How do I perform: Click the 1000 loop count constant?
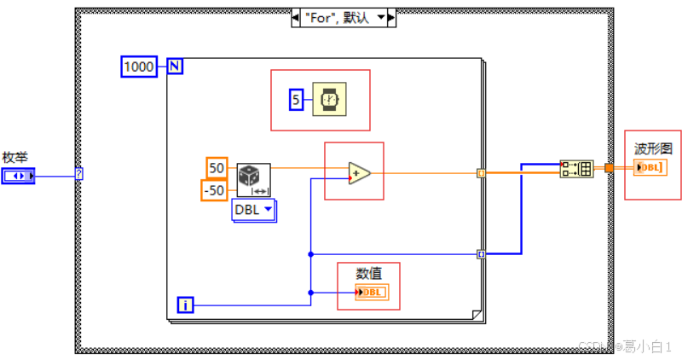(x=139, y=67)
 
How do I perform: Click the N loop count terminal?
(x=175, y=67)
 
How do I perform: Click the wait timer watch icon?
(x=327, y=101)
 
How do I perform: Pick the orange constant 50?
(x=217, y=167)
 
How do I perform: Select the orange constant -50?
(x=214, y=189)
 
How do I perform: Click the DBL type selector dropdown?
(x=254, y=210)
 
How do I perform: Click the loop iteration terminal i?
(x=186, y=304)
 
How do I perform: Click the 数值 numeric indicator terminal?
(x=371, y=293)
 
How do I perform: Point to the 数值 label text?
(x=368, y=273)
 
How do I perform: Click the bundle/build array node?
(x=576, y=168)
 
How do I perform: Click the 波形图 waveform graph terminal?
(x=650, y=167)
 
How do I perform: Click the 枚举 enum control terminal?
(x=18, y=177)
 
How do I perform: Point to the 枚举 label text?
(x=15, y=157)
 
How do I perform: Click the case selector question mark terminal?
(x=79, y=174)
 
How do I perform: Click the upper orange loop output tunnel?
(x=481, y=173)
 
